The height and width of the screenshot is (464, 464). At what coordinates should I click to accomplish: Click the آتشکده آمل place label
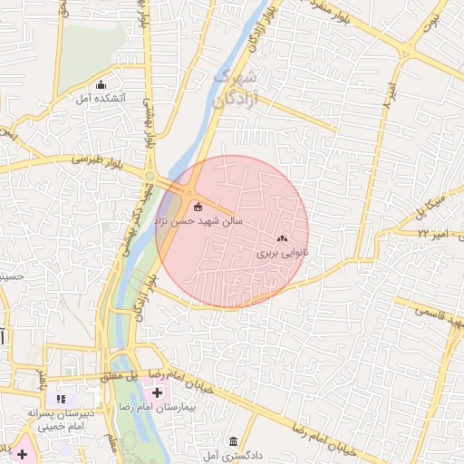coord(101,98)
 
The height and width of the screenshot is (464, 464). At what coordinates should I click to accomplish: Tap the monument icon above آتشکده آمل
coord(114,84)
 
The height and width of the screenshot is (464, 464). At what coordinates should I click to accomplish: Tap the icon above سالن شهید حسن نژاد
coord(198,192)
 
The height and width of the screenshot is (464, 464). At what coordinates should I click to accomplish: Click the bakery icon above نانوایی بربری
coord(282,239)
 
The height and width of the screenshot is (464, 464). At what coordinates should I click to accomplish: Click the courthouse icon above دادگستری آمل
coord(233,439)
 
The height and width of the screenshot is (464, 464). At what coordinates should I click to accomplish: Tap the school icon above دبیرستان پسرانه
coord(62,398)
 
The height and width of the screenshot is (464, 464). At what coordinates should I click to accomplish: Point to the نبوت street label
coord(436,19)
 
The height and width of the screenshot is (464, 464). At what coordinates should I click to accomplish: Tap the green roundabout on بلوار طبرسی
coord(152,176)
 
